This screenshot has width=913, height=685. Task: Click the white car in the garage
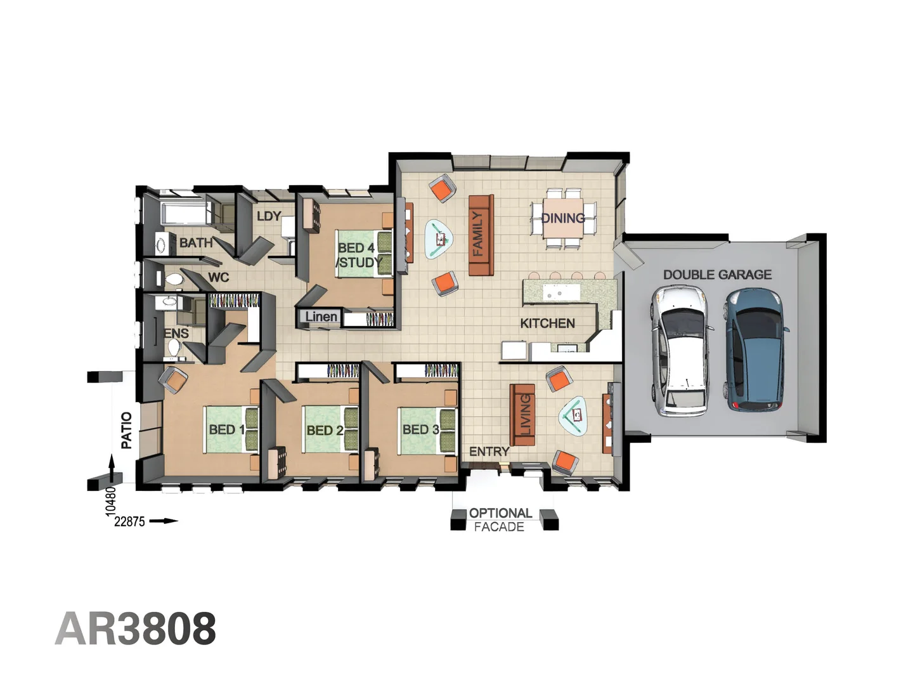[x=681, y=351]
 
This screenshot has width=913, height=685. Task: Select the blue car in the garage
[x=756, y=349]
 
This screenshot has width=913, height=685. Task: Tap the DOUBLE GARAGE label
[x=717, y=275]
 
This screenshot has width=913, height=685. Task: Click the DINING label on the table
[x=563, y=218]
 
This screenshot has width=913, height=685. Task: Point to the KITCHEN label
[x=547, y=323]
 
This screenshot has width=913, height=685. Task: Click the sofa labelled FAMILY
[x=481, y=235]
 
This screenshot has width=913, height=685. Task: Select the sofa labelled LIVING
[x=522, y=415]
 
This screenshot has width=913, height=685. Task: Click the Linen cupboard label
[x=321, y=316]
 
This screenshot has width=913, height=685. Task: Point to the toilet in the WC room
[x=173, y=279]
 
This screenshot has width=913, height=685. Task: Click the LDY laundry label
[x=268, y=216]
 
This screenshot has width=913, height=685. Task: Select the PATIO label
[x=127, y=430]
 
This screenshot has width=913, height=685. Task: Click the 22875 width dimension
[x=129, y=521]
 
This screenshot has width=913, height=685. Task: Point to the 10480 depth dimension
[x=111, y=499]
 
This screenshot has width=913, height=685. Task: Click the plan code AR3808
[x=136, y=629]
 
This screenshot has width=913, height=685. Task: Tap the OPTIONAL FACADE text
[x=500, y=519]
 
